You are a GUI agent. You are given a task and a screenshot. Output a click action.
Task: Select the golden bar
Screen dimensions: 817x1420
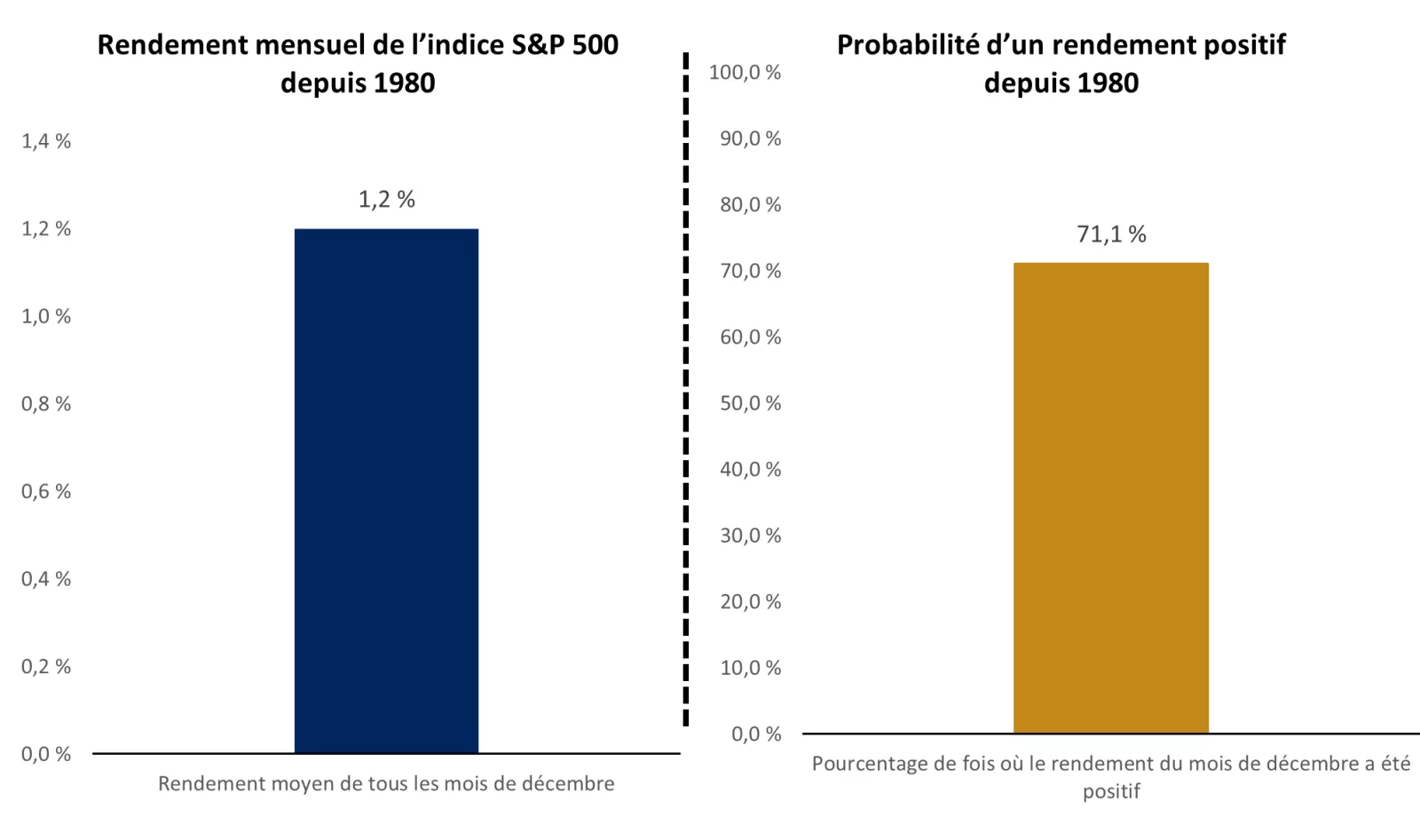[x=1111, y=497]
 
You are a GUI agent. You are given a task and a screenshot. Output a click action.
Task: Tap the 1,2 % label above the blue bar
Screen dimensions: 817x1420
[x=386, y=199]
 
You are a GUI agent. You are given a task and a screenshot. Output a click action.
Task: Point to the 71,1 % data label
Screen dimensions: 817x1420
[x=1111, y=234]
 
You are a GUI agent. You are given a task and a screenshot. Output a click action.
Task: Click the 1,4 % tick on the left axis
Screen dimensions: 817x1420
[x=46, y=140]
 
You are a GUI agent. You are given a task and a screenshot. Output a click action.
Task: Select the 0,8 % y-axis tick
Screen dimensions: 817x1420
[x=46, y=403]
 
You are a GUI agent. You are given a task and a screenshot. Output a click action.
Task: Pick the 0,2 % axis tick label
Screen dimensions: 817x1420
[x=46, y=666]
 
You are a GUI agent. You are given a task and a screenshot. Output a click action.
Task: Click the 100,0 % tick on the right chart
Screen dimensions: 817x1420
[x=745, y=72]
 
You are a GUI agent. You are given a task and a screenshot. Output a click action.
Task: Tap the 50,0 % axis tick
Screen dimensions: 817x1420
[x=750, y=402]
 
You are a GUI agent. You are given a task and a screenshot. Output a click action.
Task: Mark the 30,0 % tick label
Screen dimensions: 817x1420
[x=750, y=535]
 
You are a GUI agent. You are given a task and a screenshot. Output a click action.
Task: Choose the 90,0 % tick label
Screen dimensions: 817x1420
[x=750, y=138]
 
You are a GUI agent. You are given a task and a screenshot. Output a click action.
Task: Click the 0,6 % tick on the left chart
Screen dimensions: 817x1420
[x=46, y=491]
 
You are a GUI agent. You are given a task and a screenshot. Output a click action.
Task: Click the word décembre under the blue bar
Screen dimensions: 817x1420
[x=568, y=783]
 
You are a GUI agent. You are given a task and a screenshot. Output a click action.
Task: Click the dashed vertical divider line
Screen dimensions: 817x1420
[x=686, y=391]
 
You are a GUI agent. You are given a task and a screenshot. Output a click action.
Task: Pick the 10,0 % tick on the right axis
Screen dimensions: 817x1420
[x=750, y=667]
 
